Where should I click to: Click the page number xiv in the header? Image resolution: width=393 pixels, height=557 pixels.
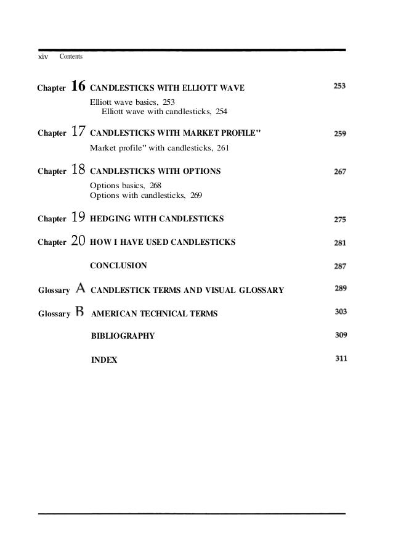click(x=43, y=57)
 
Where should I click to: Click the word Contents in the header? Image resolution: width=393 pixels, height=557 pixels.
click(x=71, y=57)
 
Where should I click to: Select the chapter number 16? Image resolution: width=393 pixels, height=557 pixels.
click(x=78, y=88)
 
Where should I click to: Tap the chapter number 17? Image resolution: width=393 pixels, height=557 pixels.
click(x=78, y=132)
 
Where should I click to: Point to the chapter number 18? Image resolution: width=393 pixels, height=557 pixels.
click(x=78, y=170)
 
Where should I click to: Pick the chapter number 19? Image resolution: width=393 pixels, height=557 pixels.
click(x=78, y=217)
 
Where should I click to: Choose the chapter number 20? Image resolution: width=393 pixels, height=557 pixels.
click(x=78, y=242)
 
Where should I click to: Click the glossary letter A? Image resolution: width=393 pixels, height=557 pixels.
click(x=80, y=289)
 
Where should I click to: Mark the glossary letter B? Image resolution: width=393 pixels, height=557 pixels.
click(x=80, y=313)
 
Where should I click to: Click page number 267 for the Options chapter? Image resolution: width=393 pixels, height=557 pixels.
click(x=339, y=171)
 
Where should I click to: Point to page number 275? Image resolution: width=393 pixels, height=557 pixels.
click(x=339, y=218)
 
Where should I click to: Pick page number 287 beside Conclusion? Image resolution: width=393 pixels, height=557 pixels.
click(x=339, y=266)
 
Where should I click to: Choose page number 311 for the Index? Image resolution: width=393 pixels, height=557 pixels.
click(x=339, y=358)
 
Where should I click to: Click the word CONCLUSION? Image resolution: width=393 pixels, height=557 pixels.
click(x=118, y=266)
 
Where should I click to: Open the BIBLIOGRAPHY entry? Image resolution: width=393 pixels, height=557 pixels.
click(x=123, y=336)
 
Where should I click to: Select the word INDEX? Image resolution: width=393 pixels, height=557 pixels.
click(x=103, y=360)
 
